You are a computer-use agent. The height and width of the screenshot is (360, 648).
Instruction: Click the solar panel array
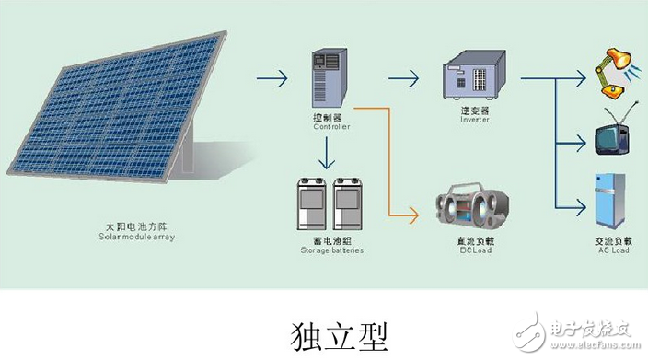coord(120,110)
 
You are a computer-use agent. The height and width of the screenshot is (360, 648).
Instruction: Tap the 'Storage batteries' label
coord(327,250)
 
